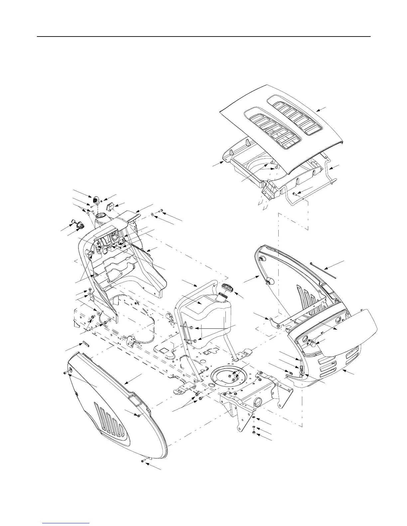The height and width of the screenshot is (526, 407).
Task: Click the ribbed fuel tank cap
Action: (x=227, y=287)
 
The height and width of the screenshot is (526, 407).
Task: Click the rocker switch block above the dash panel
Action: (x=110, y=207)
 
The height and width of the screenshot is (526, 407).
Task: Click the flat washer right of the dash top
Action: (x=152, y=215)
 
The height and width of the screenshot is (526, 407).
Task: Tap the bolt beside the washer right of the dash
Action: (x=161, y=211)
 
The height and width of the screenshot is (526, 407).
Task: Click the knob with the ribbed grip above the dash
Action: (x=96, y=200)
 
